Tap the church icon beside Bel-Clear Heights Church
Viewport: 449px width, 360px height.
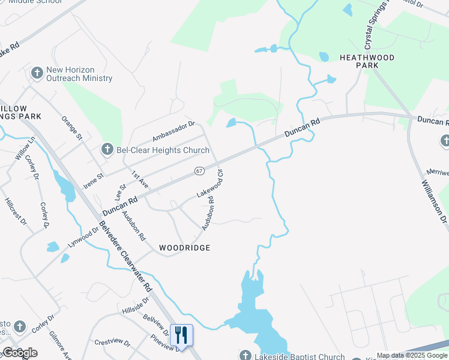point(107,149)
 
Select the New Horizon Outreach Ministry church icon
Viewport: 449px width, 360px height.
point(37,73)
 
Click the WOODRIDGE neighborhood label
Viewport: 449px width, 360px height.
point(184,248)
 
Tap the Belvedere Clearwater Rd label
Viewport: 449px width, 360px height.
point(126,257)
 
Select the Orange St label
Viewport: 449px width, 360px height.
point(71,127)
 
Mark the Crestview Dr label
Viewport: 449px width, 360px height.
point(112,343)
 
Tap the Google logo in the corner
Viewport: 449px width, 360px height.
point(20,353)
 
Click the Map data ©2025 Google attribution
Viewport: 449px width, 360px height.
point(412,356)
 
